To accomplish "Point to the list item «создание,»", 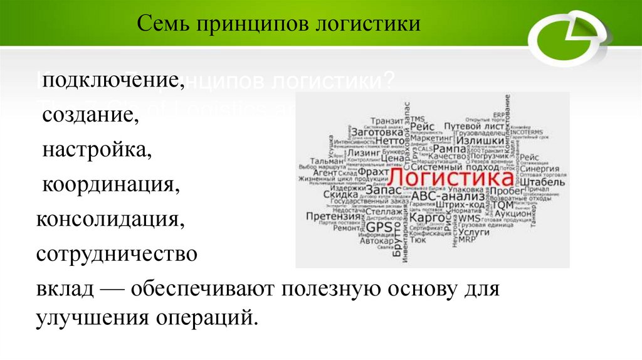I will tap(90, 115).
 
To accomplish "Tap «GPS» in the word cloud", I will tap(379, 226).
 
